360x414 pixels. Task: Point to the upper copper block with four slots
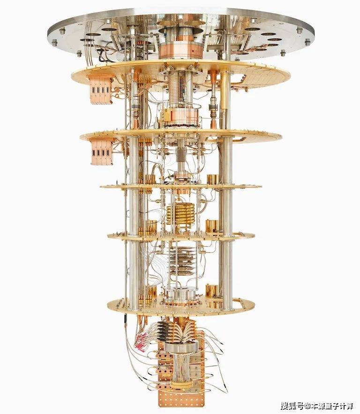[99, 89]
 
